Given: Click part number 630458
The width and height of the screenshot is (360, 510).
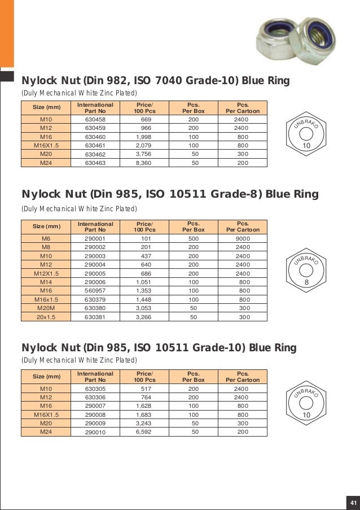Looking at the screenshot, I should pyautogui.click(x=95, y=120).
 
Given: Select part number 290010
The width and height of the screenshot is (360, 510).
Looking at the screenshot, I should pyautogui.click(x=95, y=432).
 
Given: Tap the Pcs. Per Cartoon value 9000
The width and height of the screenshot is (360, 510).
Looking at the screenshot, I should pyautogui.click(x=243, y=238).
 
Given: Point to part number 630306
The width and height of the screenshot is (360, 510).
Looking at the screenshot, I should pyautogui.click(x=95, y=398).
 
